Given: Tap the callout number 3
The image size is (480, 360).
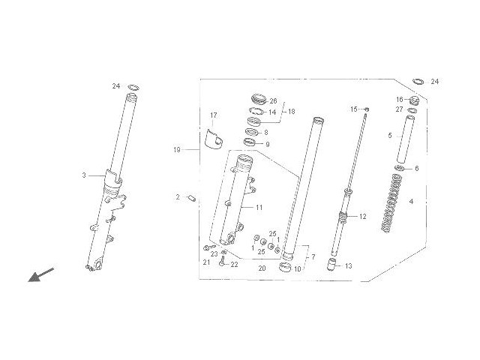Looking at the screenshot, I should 84,175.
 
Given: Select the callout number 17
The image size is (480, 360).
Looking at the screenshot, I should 213,115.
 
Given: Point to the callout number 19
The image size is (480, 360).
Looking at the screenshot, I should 177,150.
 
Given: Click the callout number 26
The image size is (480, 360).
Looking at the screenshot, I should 273,101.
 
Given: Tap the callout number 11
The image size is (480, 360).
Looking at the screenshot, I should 259,206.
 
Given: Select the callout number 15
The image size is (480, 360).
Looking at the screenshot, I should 354,109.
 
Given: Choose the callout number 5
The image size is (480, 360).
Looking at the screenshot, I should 389,136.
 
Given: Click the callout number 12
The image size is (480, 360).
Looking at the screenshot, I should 362,217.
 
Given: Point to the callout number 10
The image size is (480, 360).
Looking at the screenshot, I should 297,268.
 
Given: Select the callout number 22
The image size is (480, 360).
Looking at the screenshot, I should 234,265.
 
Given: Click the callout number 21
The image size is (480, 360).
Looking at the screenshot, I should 205,262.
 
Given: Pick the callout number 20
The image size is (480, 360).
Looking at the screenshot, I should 262,268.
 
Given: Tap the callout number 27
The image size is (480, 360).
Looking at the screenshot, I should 400,110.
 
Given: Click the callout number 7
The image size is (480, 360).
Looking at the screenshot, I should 313,257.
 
